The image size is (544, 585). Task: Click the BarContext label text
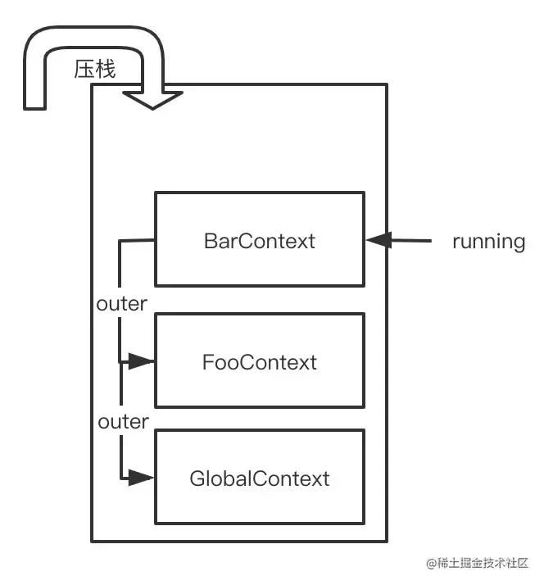(259, 241)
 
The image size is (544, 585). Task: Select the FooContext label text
(259, 362)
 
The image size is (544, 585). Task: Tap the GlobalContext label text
(259, 478)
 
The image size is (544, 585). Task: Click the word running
(488, 241)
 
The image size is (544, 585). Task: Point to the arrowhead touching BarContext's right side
(378, 240)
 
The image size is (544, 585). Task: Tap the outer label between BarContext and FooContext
(122, 304)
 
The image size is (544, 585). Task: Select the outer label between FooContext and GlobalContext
(123, 422)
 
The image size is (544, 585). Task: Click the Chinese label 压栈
(95, 70)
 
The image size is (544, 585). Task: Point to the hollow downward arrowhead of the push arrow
(152, 98)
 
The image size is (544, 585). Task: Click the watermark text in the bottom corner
(478, 564)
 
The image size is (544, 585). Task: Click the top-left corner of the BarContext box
(156, 193)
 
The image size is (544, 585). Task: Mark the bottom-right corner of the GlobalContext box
(363, 524)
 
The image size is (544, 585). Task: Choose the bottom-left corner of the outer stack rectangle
(92, 541)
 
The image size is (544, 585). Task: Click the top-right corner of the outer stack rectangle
(386, 84)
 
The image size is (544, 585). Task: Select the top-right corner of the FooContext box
(363, 314)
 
